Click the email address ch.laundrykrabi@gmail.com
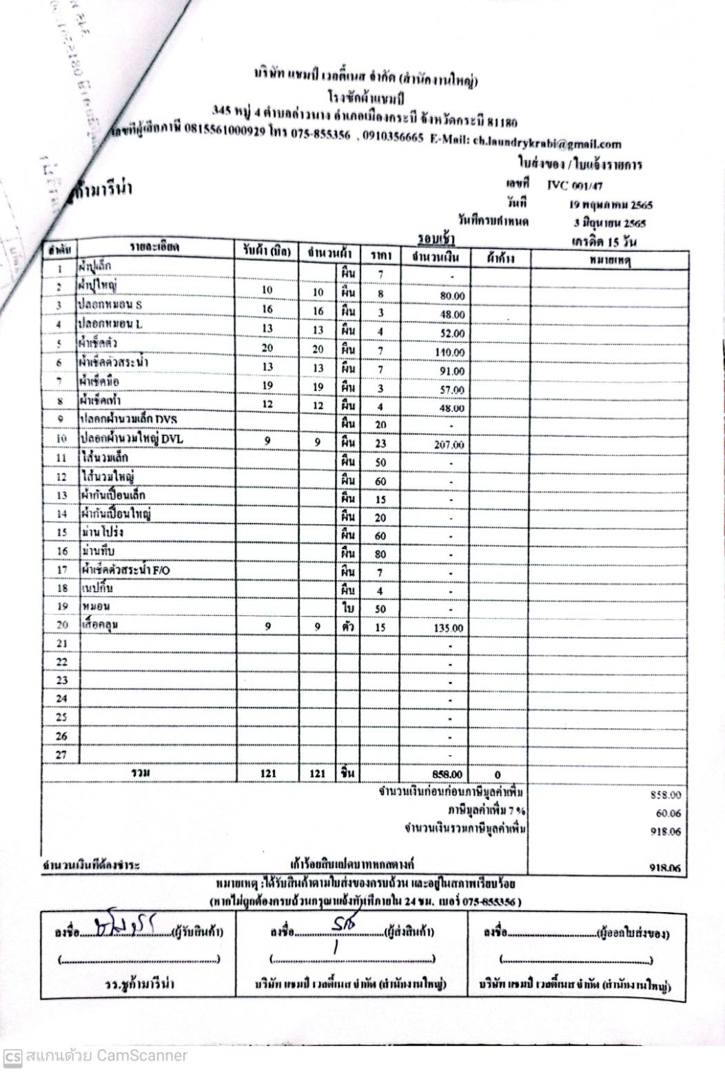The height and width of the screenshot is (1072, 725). [547, 143]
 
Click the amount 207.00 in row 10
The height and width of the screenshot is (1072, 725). [449, 445]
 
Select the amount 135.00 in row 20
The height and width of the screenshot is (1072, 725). [449, 628]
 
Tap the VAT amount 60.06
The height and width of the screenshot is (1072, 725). [668, 813]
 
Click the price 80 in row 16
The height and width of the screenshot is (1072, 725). [380, 554]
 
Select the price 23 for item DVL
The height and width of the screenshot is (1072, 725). [380, 444]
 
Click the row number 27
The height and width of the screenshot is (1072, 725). [61, 755]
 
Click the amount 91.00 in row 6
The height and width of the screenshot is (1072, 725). [451, 371]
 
